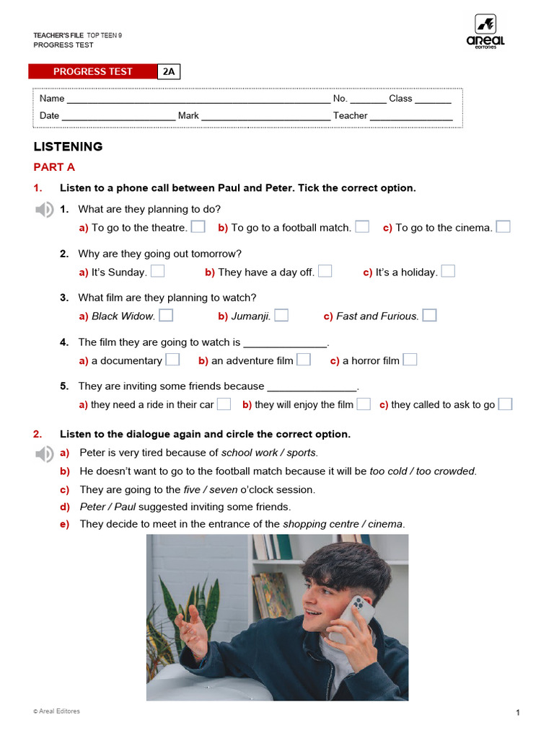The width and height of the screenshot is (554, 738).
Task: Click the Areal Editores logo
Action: coord(485,31)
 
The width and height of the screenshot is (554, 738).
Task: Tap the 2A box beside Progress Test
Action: coord(169,71)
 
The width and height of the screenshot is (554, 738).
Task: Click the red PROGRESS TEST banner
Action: coord(92,71)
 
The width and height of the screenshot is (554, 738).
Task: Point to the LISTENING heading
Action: coord(68,146)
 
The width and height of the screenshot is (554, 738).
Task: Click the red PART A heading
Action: coord(54,167)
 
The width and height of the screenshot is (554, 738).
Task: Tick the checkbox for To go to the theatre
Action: coord(198,227)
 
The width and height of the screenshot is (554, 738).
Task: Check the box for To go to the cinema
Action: coord(503,227)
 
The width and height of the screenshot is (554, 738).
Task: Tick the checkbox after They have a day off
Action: coord(325,271)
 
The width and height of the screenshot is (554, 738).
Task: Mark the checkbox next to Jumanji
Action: coord(281,315)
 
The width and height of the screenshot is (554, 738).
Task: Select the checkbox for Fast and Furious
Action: coord(429,315)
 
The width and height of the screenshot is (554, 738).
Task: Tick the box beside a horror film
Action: coord(410,360)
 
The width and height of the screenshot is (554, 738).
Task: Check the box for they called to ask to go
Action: coord(505,404)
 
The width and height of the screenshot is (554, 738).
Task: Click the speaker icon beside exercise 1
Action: coord(44,210)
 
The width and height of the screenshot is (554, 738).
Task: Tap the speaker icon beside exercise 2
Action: coord(44,453)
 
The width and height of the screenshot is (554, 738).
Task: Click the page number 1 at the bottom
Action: coord(518,713)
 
